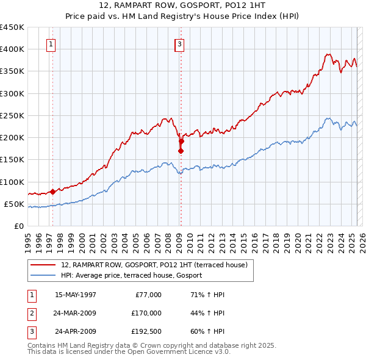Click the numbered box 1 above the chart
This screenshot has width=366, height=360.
tap(51, 44)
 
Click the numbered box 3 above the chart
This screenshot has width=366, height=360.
tap(179, 44)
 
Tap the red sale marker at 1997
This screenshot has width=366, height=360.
tap(52, 192)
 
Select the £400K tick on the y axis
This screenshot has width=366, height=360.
tap(12, 49)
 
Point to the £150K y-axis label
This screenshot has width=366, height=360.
tap(12, 160)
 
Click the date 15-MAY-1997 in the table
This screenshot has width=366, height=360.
tap(76, 295)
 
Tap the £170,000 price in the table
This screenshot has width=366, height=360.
tap(146, 314)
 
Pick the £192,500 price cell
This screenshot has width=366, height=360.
tap(146, 333)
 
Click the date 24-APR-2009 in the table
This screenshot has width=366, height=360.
tap(76, 333)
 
